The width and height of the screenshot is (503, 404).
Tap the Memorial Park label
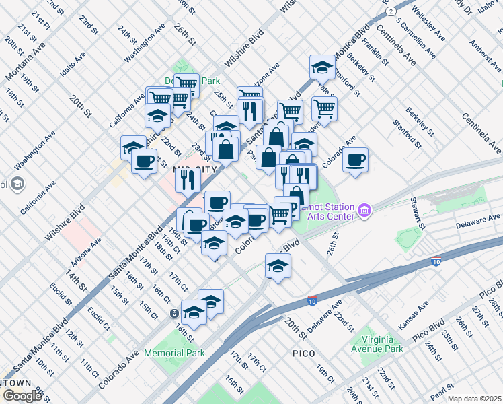coord(173,353)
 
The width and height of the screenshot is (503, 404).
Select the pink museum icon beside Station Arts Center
coord(364,211)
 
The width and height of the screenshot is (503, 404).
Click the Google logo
coord(22,396)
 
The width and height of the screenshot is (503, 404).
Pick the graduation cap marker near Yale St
coord(323,67)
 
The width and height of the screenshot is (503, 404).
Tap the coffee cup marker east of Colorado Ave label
coord(355,160)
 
